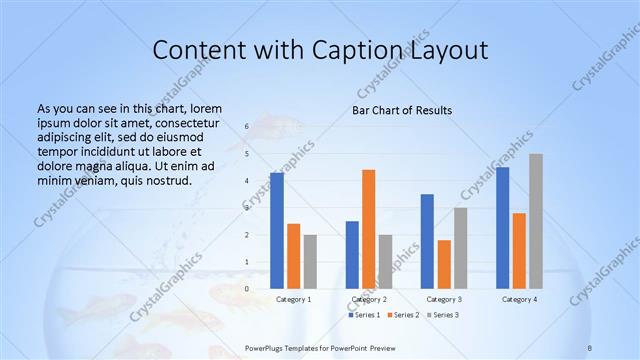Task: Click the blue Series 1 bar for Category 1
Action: (277, 231)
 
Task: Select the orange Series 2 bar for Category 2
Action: (369, 229)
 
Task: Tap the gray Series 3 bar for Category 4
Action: (536, 221)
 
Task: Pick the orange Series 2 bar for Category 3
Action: (444, 264)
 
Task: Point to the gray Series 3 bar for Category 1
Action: (310, 262)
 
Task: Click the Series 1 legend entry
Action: (364, 315)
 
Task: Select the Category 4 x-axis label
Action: (519, 299)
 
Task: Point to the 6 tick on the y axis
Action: (247, 127)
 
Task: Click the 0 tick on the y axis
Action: (247, 289)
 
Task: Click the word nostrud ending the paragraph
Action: (167, 180)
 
